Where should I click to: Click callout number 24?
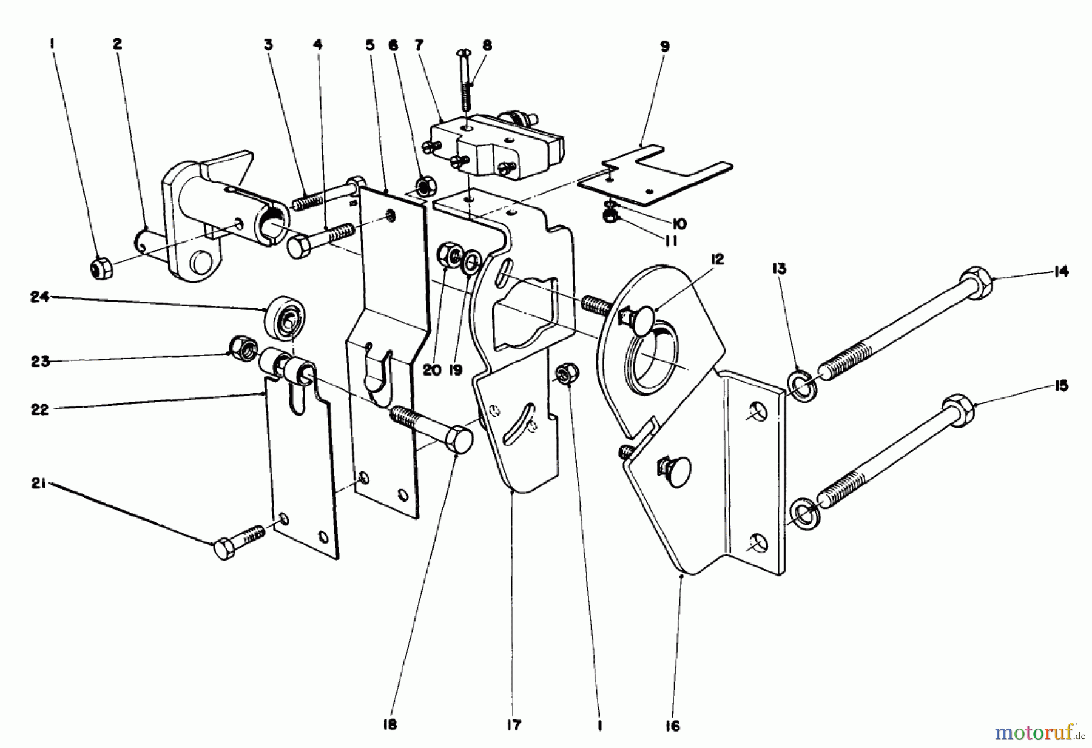tap(40, 297)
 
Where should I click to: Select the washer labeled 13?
tap(801, 386)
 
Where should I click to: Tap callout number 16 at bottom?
tap(673, 726)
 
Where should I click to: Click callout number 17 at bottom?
tap(513, 725)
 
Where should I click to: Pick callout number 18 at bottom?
tap(390, 725)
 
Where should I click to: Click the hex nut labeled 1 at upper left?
tap(101, 268)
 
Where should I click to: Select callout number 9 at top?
tap(665, 46)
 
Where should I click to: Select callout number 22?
tap(40, 409)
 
